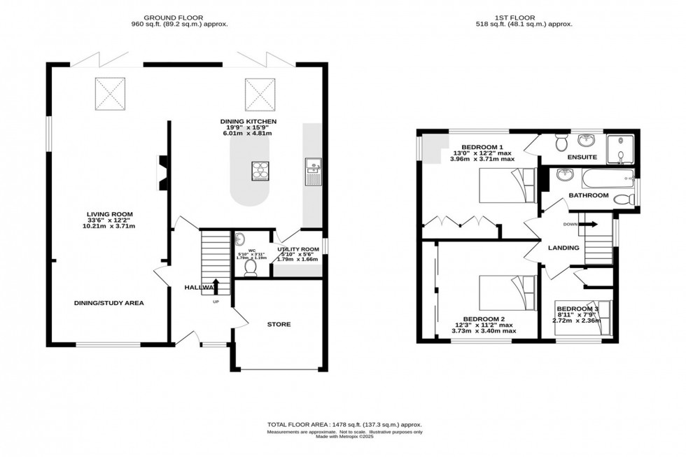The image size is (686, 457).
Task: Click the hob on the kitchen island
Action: [x=261, y=169]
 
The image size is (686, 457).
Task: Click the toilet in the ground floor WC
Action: [x=251, y=267]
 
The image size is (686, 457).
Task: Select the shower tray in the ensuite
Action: [x=619, y=148]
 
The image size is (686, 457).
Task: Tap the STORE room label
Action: [x=279, y=324]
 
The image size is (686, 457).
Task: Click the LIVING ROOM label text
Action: [x=110, y=214]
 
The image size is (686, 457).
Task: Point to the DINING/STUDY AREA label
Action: [x=110, y=303]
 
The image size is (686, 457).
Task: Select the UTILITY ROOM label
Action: [x=298, y=249]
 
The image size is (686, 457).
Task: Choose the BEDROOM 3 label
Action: [x=577, y=309]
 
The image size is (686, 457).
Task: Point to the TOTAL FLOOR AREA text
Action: [x=344, y=425]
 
